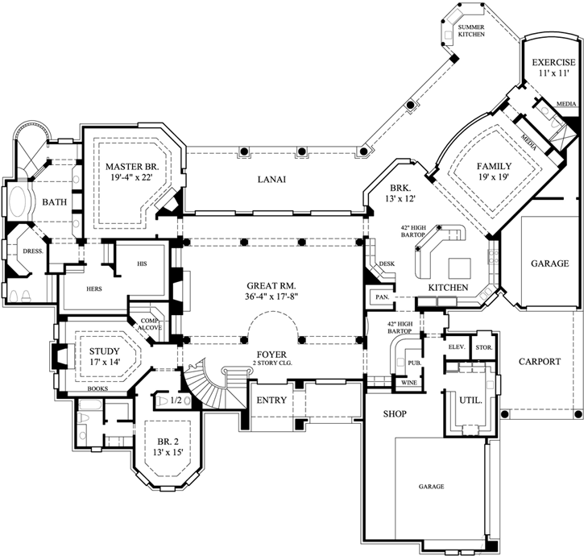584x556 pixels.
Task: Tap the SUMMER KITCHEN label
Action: click(x=471, y=31)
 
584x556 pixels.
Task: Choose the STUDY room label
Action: click(x=104, y=351)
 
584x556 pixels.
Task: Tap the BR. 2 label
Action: click(x=168, y=441)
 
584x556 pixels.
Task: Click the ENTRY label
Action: click(x=271, y=400)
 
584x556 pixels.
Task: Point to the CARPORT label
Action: click(x=538, y=362)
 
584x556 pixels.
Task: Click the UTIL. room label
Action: click(x=470, y=400)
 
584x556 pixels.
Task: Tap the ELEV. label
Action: click(x=457, y=347)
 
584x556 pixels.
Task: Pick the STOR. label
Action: click(x=483, y=347)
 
